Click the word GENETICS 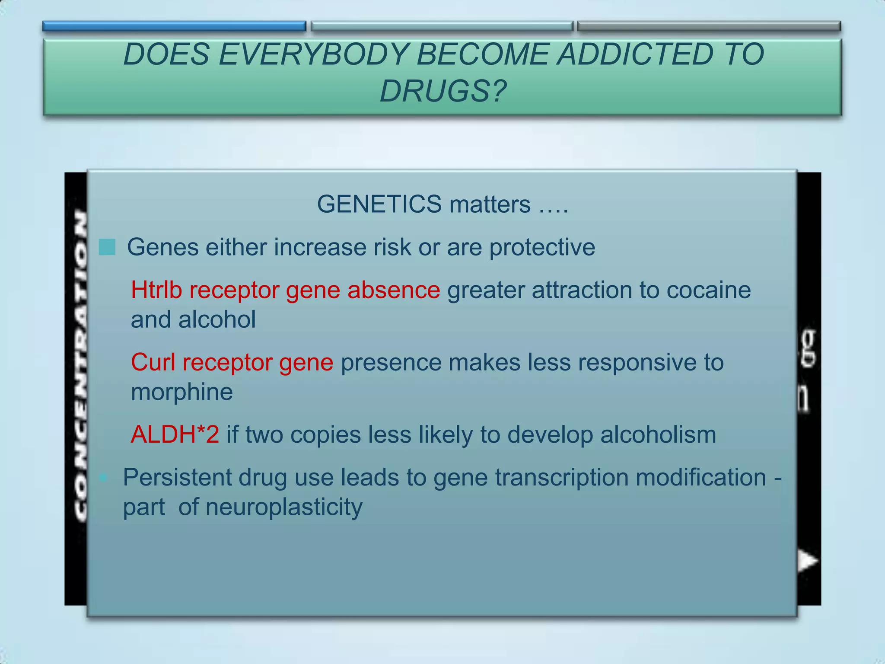(x=379, y=204)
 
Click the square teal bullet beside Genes (x=107, y=248)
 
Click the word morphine (x=182, y=392)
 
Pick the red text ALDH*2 (x=175, y=434)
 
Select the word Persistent (x=177, y=478)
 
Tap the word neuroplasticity (x=284, y=507)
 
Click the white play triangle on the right (x=807, y=561)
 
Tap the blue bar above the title (x=174, y=26)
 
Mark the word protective (x=542, y=248)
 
